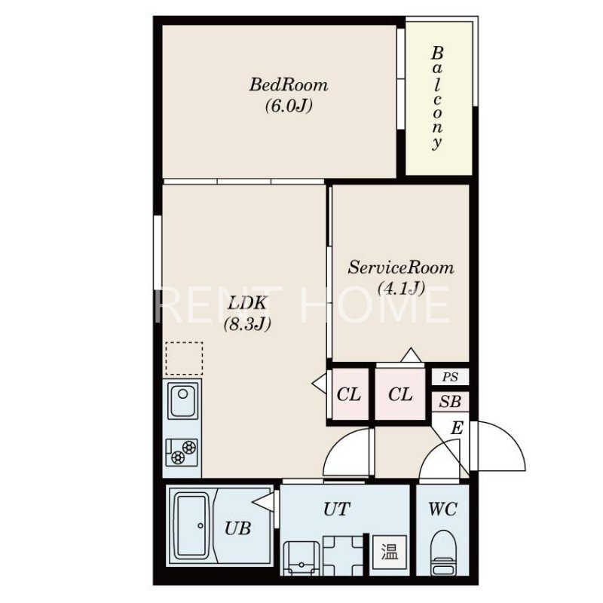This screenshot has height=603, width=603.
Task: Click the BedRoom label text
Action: click(x=289, y=84)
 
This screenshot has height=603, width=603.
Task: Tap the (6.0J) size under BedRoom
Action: click(x=289, y=106)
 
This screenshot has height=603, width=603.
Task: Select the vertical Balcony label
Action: click(x=437, y=98)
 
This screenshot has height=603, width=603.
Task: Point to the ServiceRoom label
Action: click(x=401, y=268)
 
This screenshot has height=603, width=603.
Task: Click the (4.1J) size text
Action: click(x=401, y=288)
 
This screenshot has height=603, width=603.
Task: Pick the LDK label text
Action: click(x=247, y=303)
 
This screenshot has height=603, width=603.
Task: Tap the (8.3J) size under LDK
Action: click(x=247, y=324)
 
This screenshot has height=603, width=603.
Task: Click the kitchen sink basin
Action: click(x=182, y=400)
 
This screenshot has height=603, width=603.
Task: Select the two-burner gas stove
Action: click(x=182, y=451)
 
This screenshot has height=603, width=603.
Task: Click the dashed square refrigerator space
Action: click(x=184, y=359)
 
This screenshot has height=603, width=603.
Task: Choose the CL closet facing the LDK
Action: click(x=349, y=394)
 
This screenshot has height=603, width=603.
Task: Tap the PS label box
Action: click(x=450, y=377)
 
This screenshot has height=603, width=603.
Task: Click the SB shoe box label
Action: click(x=450, y=402)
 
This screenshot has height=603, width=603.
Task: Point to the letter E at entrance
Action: click(x=457, y=427)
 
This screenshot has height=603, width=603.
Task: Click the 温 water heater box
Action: click(x=388, y=553)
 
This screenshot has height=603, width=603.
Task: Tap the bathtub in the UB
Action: click(x=191, y=525)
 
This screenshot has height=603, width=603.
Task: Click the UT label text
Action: click(x=336, y=510)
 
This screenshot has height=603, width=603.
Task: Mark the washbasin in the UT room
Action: click(x=301, y=558)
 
